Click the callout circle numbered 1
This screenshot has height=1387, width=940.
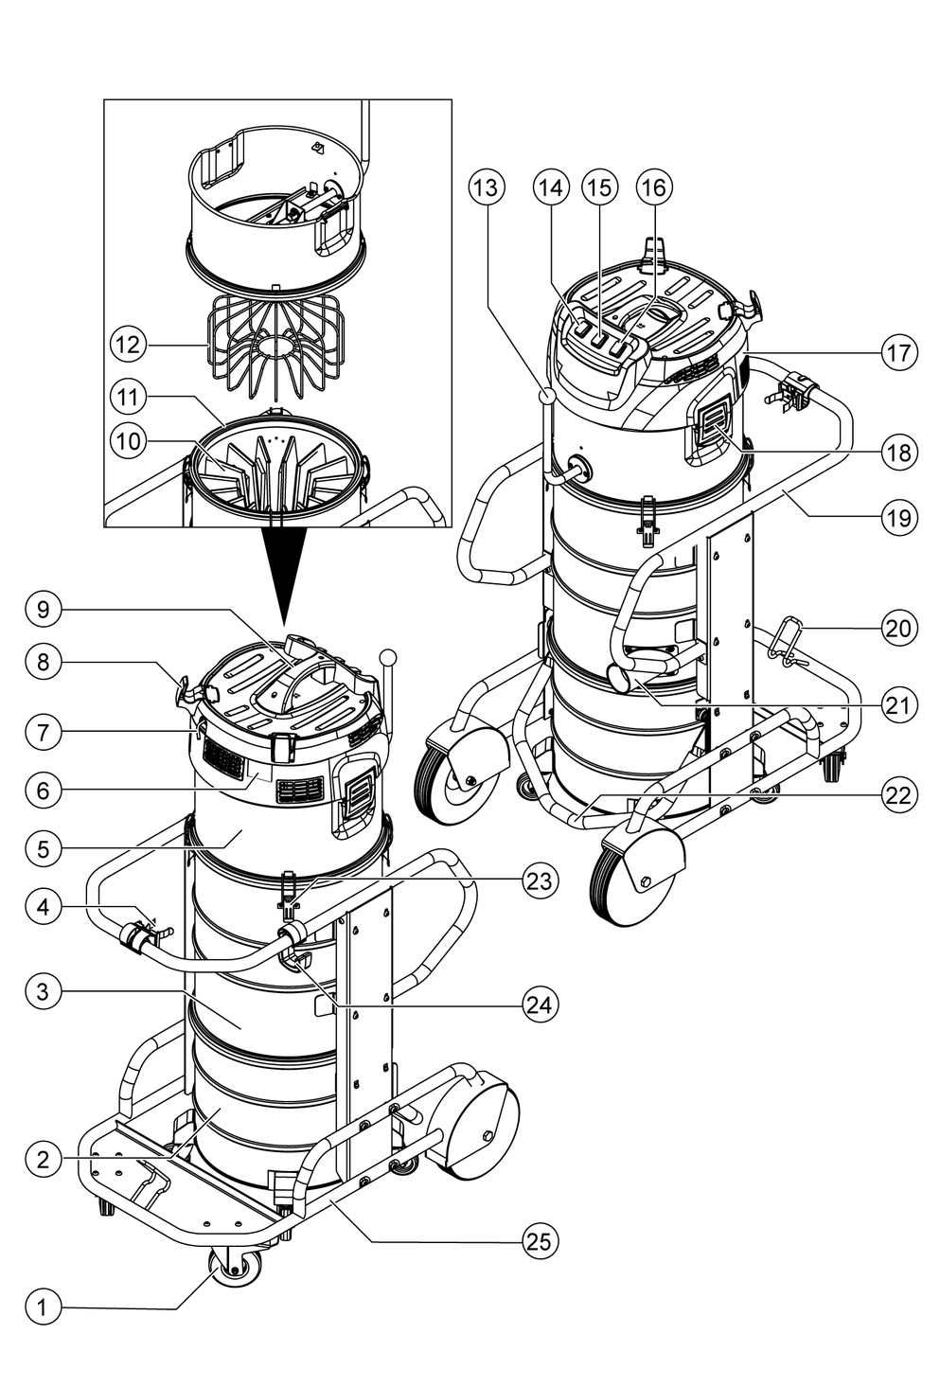43,1307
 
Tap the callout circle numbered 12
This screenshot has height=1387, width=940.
128,345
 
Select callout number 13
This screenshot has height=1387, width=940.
487,187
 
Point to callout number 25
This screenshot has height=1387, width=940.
541,1241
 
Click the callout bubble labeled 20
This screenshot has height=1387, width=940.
898,629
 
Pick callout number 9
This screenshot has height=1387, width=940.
43,610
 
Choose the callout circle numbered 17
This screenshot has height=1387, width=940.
898,352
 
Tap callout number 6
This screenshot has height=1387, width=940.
43,791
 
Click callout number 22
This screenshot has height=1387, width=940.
898,795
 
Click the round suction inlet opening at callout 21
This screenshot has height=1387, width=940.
619,679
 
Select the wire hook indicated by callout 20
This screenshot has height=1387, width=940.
783,643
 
